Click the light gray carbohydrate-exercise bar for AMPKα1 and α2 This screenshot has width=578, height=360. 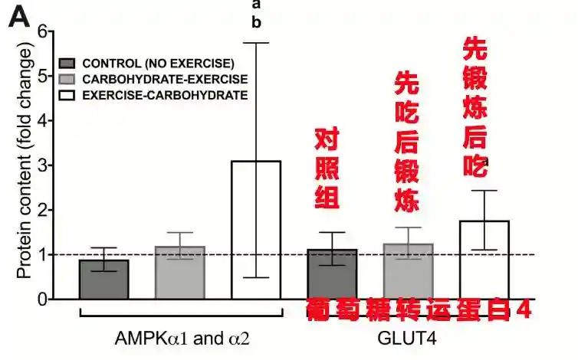pyautogui.click(x=179, y=272)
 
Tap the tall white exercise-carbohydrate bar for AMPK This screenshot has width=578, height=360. pyautogui.click(x=256, y=230)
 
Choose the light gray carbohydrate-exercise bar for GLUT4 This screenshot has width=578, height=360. pyautogui.click(x=408, y=271)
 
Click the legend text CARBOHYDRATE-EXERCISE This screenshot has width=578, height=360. pyautogui.click(x=165, y=79)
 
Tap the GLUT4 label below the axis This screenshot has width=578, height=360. pyautogui.click(x=407, y=338)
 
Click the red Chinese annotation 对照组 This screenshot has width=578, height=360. pyautogui.click(x=327, y=169)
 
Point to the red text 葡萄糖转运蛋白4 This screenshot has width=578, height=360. pyautogui.click(x=419, y=309)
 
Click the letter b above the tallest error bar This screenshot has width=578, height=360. pyautogui.click(x=256, y=23)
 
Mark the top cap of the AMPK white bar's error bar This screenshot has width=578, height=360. pyautogui.click(x=256, y=43)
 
